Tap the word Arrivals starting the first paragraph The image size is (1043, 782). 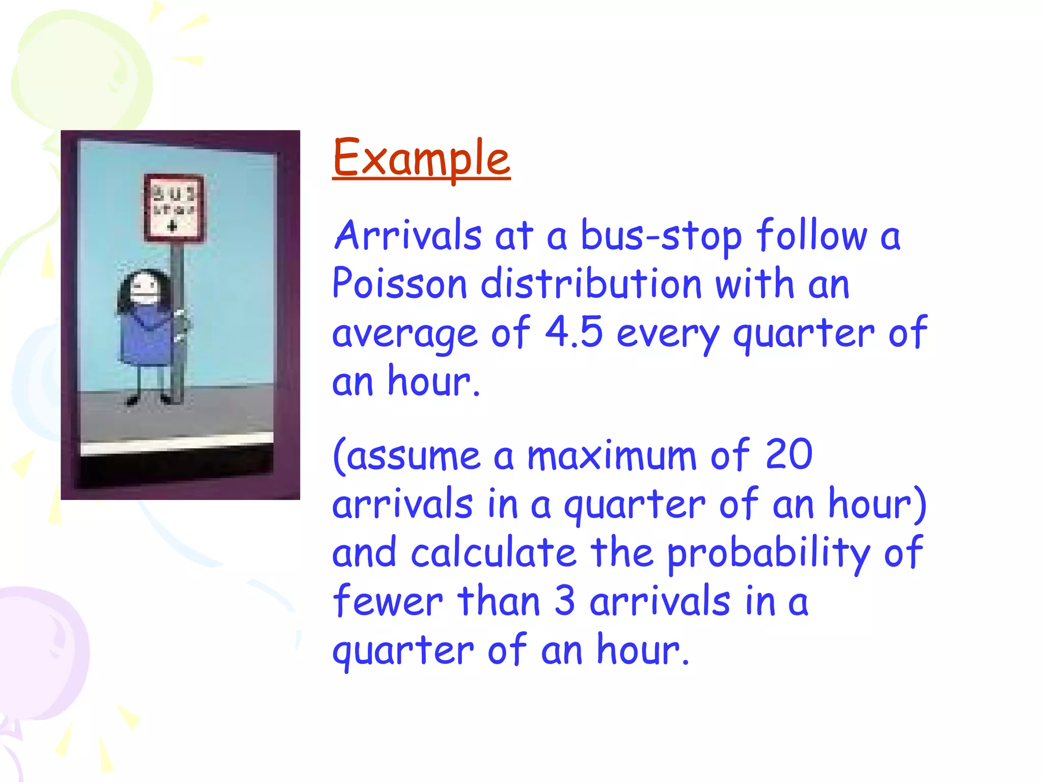(x=408, y=235)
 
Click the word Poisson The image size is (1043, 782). (x=399, y=284)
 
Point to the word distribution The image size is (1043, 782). (x=591, y=284)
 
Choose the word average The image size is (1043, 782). (x=404, y=334)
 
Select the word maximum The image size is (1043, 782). (x=612, y=455)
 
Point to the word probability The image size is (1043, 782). (x=768, y=554)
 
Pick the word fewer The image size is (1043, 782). (x=388, y=601)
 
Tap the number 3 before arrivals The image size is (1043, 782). (x=564, y=601)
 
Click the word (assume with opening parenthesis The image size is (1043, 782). (x=406, y=455)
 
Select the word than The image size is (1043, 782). (x=499, y=601)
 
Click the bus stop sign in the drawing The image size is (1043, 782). (x=174, y=208)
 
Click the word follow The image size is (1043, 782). (x=811, y=235)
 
